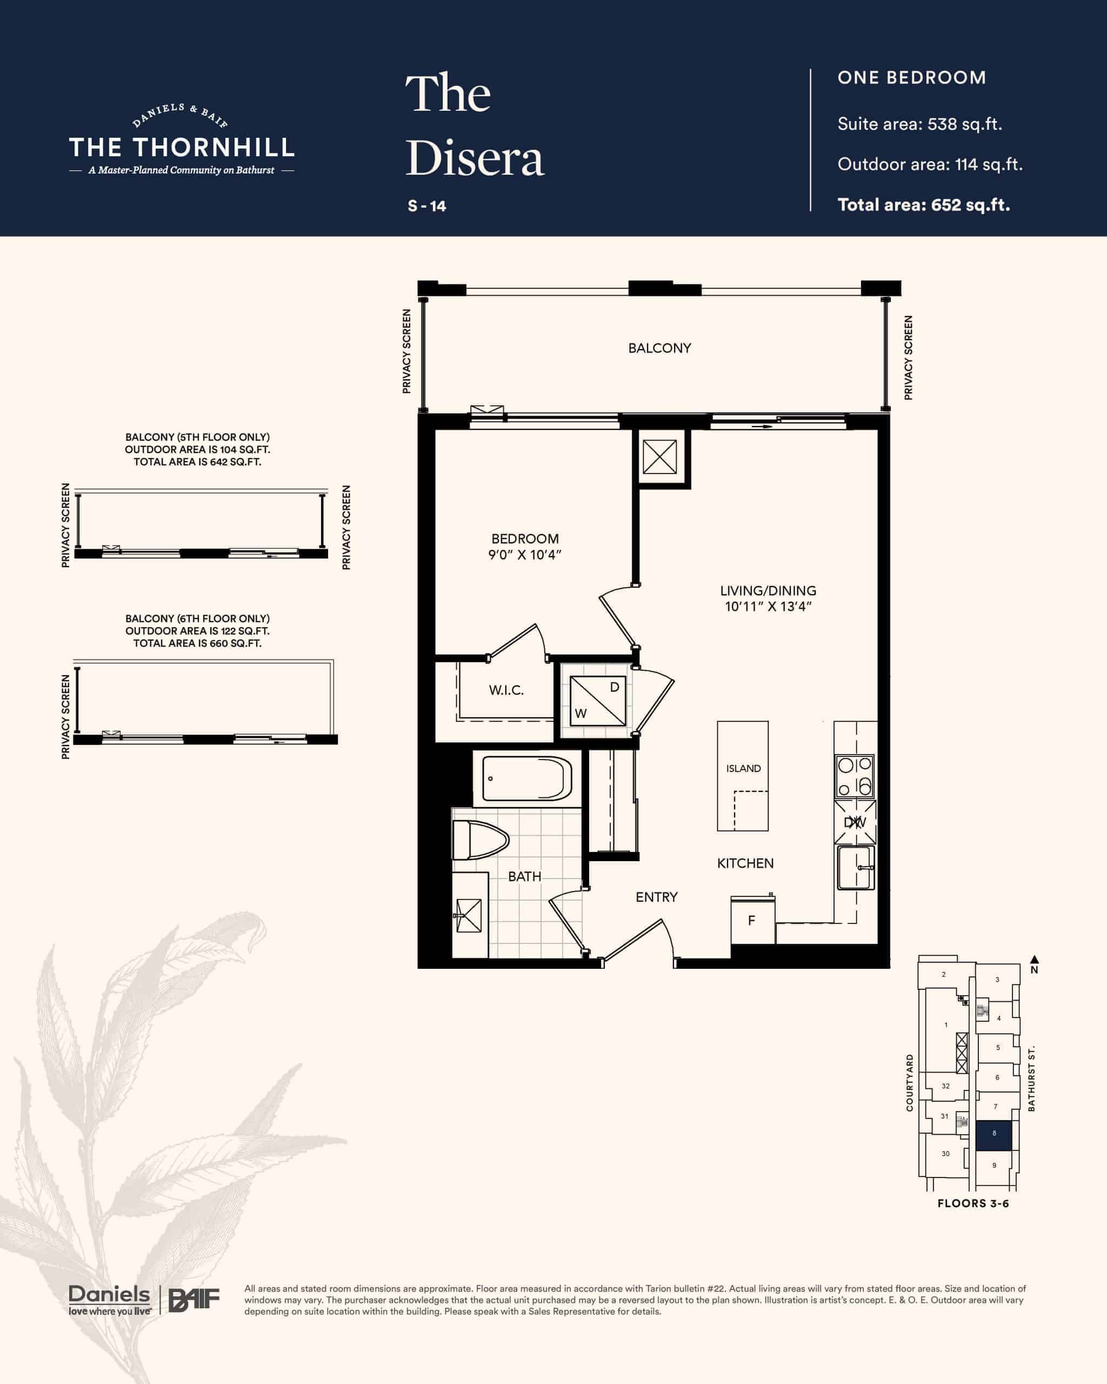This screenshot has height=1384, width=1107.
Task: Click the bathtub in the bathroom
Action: pos(527,778)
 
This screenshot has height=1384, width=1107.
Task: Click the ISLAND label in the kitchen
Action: pos(743,768)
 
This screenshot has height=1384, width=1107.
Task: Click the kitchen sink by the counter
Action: pos(856,867)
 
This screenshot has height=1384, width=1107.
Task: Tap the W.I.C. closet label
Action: pos(506,690)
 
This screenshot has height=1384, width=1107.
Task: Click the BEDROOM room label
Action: pos(525,538)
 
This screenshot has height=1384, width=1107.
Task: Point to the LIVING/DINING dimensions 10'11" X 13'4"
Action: pos(768,607)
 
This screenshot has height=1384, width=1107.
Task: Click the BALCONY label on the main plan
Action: pos(659,348)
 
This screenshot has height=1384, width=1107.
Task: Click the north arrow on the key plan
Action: pos(1035,960)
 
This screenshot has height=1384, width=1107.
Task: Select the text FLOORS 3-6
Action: pos(973,1203)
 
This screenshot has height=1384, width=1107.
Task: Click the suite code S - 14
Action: pos(427,206)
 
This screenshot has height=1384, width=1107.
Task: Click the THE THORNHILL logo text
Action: pos(182,148)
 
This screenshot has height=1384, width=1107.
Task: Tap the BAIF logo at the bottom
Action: pos(194,1301)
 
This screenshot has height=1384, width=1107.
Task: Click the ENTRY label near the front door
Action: pos(657,897)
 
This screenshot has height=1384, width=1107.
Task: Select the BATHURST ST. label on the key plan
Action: pos(1031,1079)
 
